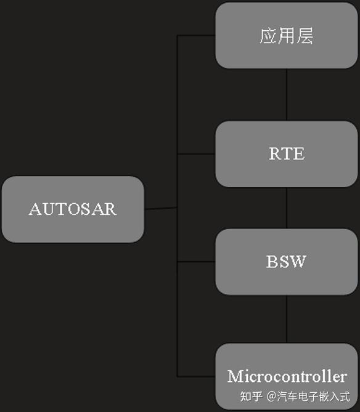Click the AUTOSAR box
73,209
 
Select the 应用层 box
287,36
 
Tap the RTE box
287,154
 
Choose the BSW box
287,262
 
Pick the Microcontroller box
287,376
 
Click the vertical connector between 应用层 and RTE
287,95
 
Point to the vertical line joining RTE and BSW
287,208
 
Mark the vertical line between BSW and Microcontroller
287,319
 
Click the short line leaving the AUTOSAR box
161,208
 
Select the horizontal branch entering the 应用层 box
197,35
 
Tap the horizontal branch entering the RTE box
197,154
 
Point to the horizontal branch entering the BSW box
197,262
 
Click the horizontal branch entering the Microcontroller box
197,376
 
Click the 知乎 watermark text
251,396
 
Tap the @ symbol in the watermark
272,396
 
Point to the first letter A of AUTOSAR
35,209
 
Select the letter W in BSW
299,262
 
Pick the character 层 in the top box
305,36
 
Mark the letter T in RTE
287,154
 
